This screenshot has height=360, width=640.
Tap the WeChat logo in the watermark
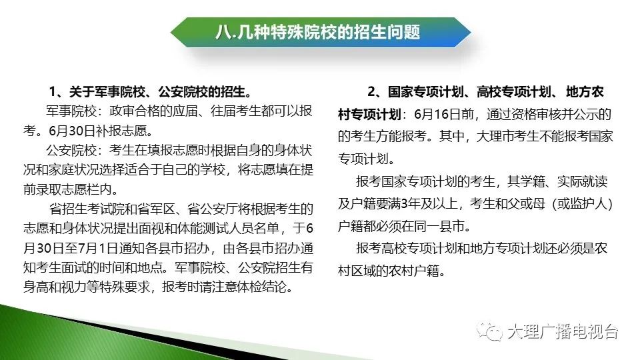(x=489, y=331)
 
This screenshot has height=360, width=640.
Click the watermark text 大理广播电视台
(x=563, y=332)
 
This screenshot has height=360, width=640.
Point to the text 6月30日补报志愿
(x=97, y=131)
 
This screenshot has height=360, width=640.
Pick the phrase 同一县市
(x=439, y=226)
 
